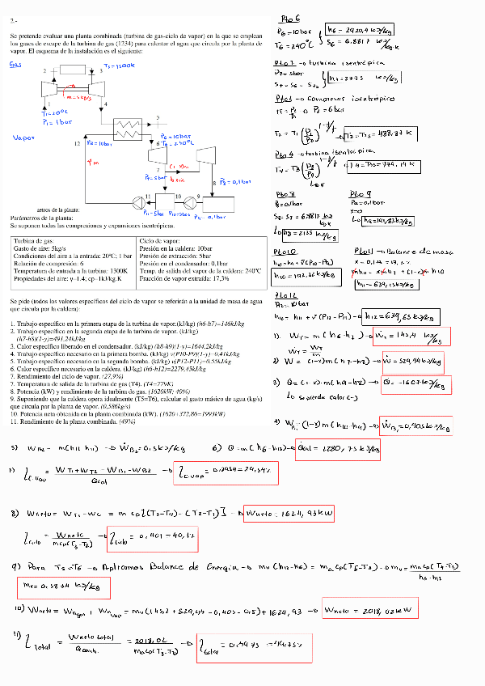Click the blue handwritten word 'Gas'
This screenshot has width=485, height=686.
point(15,65)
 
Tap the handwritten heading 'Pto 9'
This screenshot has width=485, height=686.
point(360,195)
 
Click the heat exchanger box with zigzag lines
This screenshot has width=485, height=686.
point(126,127)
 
